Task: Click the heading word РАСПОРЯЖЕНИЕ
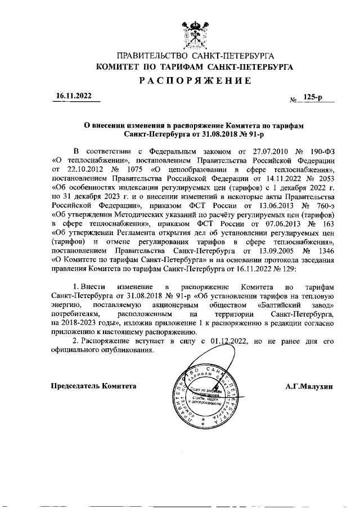[195, 80]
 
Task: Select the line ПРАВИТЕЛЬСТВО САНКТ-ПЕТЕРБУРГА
[195, 56]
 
